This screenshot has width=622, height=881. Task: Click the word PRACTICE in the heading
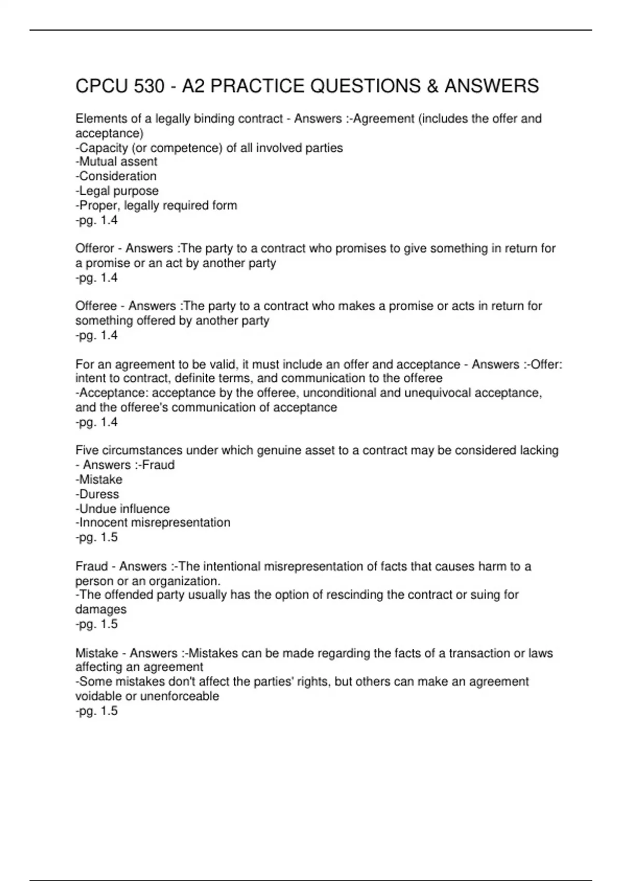(257, 86)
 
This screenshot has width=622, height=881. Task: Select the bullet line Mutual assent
(117, 162)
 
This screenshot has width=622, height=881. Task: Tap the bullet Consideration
(116, 176)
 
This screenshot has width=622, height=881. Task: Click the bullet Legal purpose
(117, 191)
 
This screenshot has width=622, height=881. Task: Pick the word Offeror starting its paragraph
(95, 249)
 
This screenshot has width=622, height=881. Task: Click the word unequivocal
(437, 393)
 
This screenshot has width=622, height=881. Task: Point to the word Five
(87, 450)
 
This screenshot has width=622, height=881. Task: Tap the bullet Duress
(97, 494)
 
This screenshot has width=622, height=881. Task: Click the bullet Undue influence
(123, 509)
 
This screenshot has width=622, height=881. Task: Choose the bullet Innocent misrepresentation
(153, 522)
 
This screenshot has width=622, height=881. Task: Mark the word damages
(101, 609)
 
